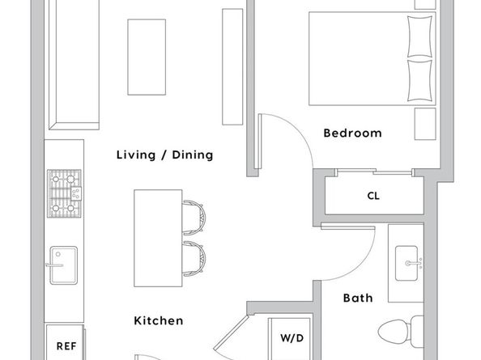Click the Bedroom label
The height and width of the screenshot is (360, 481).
coord(352,133)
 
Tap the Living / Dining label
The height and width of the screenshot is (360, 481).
coord(164,155)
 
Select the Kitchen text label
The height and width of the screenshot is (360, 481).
coord(159,321)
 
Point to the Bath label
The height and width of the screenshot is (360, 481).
coord(358,298)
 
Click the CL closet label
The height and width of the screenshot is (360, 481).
coord(373,196)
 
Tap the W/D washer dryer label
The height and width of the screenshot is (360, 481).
coord(292,338)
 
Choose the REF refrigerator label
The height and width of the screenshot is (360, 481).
coord(66,346)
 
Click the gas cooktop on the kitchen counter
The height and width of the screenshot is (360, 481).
coord(65,193)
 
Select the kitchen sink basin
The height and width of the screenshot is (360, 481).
coord(63,265)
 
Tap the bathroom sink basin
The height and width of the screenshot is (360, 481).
coord(407,263)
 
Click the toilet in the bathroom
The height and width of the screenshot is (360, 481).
coord(400,332)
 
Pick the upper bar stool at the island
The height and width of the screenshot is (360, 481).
coord(194,218)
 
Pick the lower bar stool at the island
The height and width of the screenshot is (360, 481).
coord(194,259)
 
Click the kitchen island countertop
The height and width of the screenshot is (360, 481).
coord(158,238)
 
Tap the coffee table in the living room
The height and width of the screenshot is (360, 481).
coord(147,57)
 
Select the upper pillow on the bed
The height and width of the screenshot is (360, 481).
coord(419,36)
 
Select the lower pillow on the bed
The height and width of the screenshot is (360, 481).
coord(419,81)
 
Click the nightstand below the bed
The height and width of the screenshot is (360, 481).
coord(425,124)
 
